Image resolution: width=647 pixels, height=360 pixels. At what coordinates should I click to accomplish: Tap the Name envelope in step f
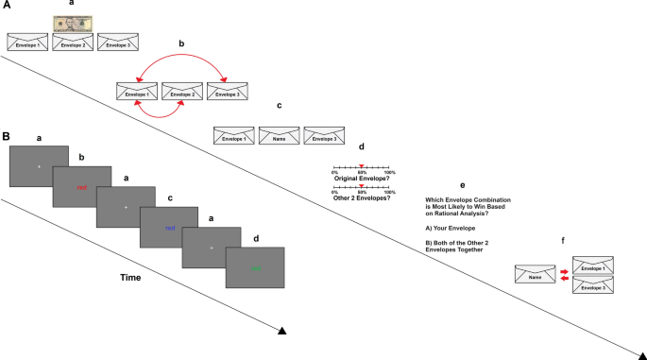tap(535, 274)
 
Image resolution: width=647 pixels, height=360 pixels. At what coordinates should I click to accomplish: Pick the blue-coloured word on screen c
tap(170, 228)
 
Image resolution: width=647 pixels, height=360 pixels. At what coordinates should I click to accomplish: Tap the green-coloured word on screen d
tap(256, 268)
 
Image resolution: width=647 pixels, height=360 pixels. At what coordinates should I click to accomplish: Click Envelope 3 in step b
tap(228, 93)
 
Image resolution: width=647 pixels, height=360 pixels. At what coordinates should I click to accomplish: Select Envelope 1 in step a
tap(26, 43)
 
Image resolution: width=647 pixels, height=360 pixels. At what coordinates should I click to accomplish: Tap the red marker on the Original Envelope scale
tap(362, 166)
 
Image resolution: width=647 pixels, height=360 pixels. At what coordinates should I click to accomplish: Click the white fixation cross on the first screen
tap(39, 166)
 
